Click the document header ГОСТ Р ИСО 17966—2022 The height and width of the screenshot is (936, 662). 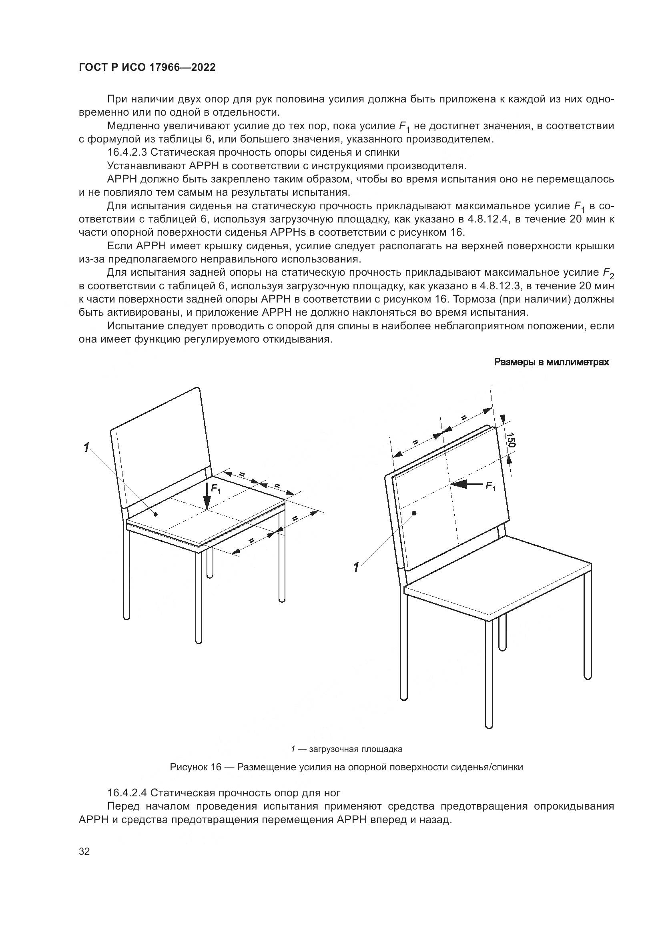click(x=147, y=68)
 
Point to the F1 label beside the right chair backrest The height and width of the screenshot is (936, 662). click(x=490, y=486)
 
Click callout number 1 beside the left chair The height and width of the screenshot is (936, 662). click(x=86, y=448)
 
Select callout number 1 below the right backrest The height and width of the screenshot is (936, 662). click(x=356, y=567)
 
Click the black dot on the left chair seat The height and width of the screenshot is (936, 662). click(x=156, y=515)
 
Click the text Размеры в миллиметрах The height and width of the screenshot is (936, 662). click(x=552, y=362)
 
